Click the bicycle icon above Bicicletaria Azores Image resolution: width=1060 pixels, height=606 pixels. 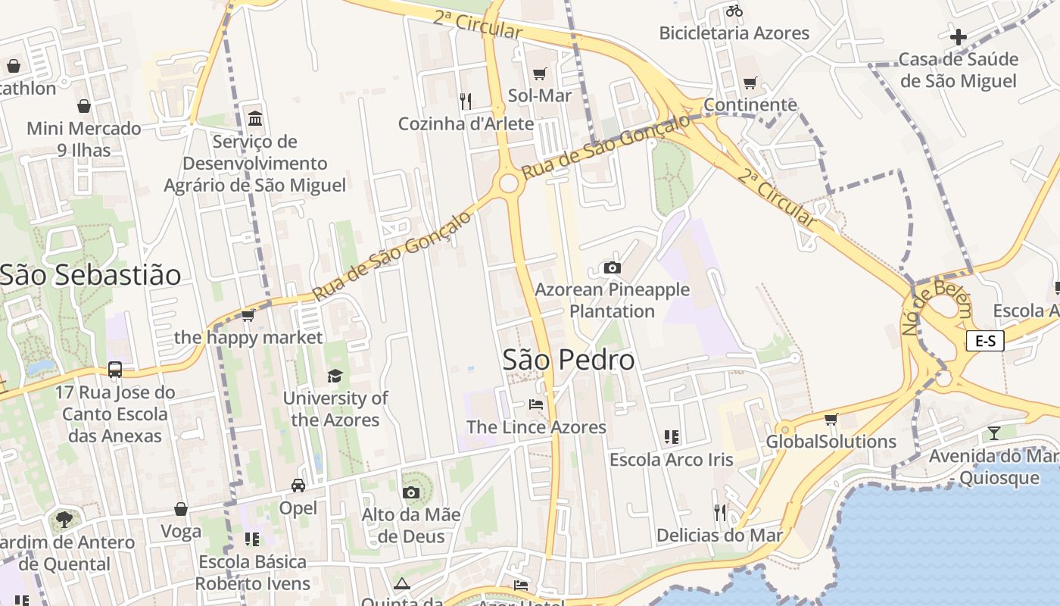click(734, 11)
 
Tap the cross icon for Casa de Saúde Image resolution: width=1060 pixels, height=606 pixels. click(959, 36)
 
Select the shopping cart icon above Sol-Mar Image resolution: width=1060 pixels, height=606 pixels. click(539, 73)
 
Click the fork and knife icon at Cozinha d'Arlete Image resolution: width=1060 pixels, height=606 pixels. click(466, 101)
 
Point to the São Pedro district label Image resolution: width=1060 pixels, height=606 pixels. click(569, 360)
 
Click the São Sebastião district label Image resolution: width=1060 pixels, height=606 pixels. click(90, 275)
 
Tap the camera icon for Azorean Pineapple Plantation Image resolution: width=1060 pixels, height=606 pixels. click(613, 267)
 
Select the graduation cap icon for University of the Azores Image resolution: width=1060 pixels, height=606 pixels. click(335, 376)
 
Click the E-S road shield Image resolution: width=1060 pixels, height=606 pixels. click(985, 341)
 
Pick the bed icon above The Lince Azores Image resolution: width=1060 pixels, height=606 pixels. click(536, 405)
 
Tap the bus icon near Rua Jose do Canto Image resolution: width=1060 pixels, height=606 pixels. click(115, 370)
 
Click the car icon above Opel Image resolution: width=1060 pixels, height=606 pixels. click(298, 485)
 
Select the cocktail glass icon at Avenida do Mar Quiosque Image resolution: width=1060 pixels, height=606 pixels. click(994, 433)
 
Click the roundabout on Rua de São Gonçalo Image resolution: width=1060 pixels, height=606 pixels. click(509, 183)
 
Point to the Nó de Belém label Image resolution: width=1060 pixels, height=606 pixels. click(936, 306)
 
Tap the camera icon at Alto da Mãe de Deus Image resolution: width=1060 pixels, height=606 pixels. click(411, 493)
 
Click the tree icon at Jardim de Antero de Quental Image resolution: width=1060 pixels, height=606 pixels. click(64, 520)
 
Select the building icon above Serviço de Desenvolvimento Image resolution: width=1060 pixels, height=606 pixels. click(255, 119)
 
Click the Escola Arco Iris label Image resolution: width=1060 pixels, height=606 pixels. click(671, 460)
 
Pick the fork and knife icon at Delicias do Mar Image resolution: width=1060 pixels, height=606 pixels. click(719, 513)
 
